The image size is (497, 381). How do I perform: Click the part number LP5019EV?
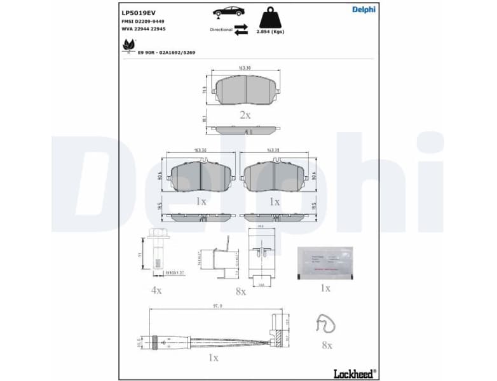point(138,11)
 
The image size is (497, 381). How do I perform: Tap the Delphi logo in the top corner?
point(364,9)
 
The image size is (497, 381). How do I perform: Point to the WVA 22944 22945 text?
point(144,29)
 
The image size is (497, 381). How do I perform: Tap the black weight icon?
point(269,17)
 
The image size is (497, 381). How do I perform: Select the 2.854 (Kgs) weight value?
point(269,31)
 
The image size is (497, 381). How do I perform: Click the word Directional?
point(221,30)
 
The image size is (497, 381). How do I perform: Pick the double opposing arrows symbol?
point(241,30)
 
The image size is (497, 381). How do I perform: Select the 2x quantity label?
point(245,115)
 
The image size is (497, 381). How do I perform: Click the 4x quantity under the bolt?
point(156,290)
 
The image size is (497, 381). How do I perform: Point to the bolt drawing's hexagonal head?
point(156,233)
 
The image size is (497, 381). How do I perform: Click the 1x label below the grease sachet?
point(325,288)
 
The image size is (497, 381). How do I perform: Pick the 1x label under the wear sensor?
point(213,358)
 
